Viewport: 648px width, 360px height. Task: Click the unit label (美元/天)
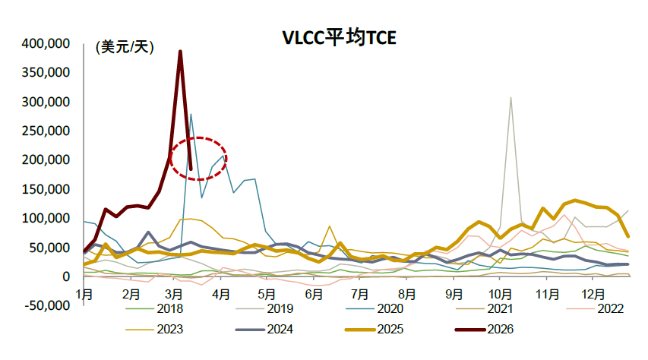pos(124,47)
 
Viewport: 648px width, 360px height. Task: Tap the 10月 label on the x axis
pos(501,293)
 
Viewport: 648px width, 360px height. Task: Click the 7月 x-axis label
pos(360,293)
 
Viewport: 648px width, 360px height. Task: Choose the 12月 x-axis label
pos(593,293)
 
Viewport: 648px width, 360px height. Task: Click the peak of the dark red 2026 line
pos(180,52)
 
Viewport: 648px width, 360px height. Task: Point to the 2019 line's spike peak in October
pos(510,97)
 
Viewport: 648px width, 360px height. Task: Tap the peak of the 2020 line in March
pos(191,114)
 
